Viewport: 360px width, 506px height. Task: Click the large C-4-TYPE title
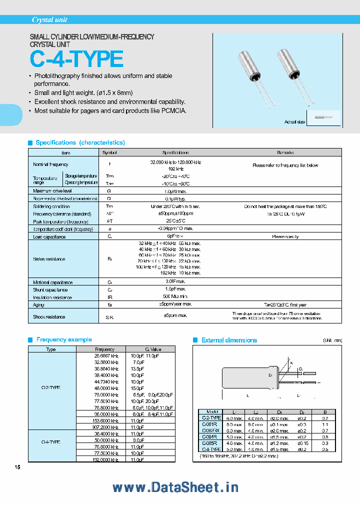[76, 59]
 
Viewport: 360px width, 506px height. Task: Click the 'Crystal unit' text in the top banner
[49, 20]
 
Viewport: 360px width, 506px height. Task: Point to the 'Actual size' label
[294, 121]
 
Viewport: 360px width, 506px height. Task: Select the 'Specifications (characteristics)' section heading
[80, 142]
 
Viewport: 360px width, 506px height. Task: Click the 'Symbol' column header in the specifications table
[109, 152]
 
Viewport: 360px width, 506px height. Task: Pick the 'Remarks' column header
[285, 152]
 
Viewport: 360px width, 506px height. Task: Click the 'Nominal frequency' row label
[50, 164]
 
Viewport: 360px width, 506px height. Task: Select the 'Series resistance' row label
[49, 259]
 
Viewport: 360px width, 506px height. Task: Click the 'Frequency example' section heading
[64, 339]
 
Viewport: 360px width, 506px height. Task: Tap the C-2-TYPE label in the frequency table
[51, 387]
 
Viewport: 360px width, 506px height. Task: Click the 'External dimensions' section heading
[229, 340]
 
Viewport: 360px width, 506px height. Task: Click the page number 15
[18, 467]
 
